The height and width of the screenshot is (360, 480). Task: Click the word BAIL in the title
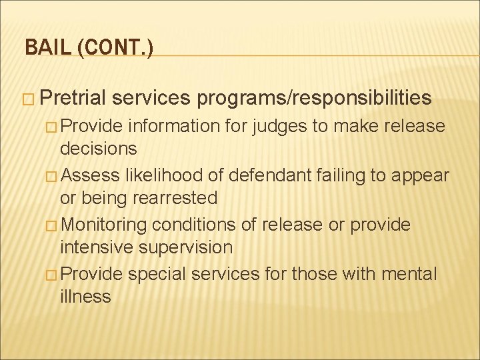click(43, 48)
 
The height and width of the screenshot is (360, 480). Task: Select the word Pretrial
click(73, 98)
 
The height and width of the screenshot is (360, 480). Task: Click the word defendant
click(267, 175)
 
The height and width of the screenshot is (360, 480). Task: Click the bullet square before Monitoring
click(52, 225)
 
